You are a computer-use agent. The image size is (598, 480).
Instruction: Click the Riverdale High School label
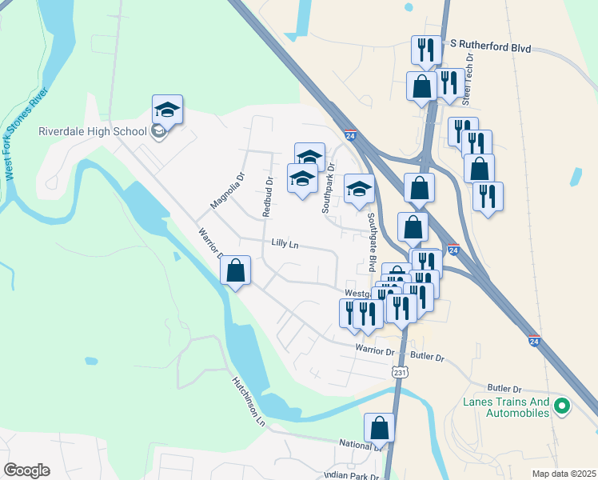pyautogui.click(x=93, y=132)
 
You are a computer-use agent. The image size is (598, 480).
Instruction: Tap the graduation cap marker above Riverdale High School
pyautogui.click(x=168, y=110)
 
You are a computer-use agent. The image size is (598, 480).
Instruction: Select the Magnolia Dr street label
pyautogui.click(x=225, y=191)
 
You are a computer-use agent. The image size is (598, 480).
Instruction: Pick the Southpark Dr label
pyautogui.click(x=327, y=188)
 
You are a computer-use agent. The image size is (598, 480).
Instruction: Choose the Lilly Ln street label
pyautogui.click(x=285, y=242)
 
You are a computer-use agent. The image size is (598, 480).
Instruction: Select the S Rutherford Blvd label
pyautogui.click(x=491, y=48)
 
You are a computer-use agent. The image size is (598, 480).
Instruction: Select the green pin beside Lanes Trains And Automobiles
pyautogui.click(x=561, y=407)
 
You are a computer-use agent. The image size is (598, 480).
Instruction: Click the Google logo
pyautogui.click(x=27, y=470)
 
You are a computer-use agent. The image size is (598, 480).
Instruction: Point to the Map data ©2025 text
pyautogui.click(x=564, y=474)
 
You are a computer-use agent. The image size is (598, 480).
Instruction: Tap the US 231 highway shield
pyautogui.click(x=401, y=372)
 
